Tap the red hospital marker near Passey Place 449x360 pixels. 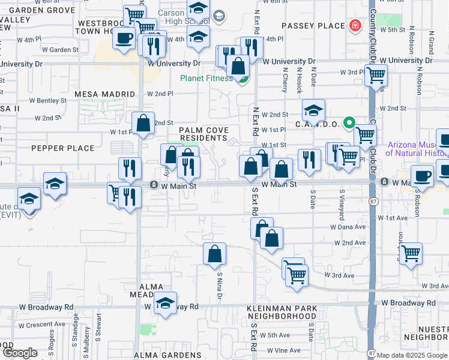point(355,26)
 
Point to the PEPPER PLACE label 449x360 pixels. point(63,148)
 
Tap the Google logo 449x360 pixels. point(20,353)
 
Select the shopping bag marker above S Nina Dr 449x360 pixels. point(215,254)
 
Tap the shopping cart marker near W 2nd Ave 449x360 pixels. point(411,253)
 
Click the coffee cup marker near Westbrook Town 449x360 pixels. point(124,38)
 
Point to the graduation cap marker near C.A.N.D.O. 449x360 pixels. point(313,110)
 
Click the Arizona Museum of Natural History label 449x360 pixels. point(417,148)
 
